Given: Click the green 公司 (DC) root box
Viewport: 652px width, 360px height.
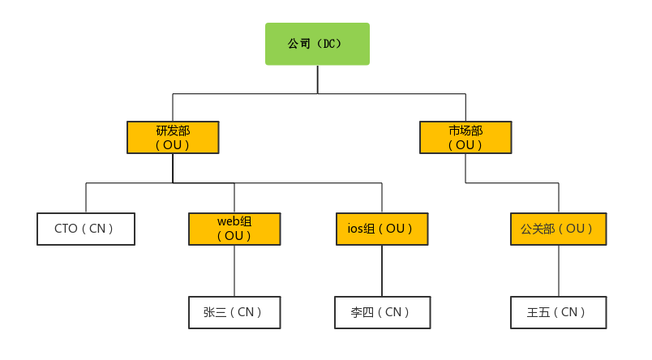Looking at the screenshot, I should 317,44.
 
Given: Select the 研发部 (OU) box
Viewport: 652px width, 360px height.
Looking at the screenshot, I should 173,137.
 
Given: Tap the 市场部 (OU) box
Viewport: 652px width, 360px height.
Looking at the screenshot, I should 465,137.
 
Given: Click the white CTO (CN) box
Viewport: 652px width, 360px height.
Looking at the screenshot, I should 86,229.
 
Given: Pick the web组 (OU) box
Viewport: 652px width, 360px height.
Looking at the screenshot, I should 234,229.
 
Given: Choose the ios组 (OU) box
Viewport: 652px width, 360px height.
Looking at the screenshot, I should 382,229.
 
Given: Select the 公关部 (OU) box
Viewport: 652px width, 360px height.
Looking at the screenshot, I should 558,229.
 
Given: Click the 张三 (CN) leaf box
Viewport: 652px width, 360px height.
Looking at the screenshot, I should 234,312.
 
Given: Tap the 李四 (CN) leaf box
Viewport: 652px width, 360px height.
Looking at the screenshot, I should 382,312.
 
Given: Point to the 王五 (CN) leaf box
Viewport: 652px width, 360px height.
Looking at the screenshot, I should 558,312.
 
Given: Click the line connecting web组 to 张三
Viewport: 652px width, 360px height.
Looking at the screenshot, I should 234,270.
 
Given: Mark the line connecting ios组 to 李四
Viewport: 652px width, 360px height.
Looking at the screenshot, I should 382,270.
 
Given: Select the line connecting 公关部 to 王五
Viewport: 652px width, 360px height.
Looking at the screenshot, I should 558,270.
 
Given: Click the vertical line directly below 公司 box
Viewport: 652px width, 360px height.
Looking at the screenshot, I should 317,79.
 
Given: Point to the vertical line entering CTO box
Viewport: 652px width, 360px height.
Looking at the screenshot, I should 86,198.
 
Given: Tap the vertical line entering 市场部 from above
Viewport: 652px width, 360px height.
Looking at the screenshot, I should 465,107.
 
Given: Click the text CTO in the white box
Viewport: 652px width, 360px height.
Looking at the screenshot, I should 66,229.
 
